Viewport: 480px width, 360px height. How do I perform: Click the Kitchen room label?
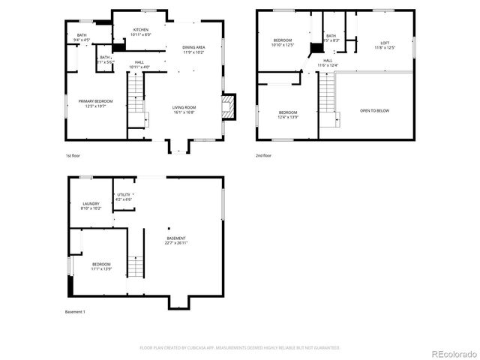[x=141, y=32]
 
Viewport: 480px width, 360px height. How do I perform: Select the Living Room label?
[x=184, y=109]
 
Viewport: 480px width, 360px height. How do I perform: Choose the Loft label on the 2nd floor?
[x=385, y=45]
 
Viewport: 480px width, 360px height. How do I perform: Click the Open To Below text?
[x=374, y=111]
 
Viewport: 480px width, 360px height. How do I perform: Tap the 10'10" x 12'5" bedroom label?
[x=283, y=42]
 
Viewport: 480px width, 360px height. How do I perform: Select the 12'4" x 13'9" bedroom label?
[x=287, y=115]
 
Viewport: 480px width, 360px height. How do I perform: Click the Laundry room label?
[x=91, y=205]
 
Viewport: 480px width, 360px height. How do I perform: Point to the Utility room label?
[x=124, y=197]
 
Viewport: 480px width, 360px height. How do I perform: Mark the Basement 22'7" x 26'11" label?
[x=176, y=241]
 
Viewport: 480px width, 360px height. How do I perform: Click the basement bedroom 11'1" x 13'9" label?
[x=101, y=266]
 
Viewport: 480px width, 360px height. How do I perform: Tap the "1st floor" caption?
[x=73, y=156]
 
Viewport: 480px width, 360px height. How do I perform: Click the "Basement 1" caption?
[x=75, y=311]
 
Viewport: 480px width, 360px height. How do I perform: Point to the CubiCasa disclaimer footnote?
[x=240, y=348]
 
